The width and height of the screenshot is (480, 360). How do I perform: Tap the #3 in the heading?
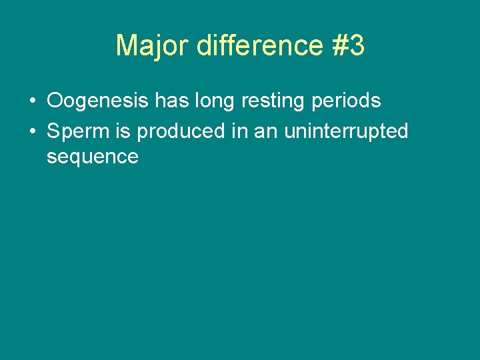346,46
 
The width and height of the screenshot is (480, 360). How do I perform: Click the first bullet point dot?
32,101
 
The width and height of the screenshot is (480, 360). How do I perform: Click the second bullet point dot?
32,132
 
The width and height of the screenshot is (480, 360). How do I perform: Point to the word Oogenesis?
98,101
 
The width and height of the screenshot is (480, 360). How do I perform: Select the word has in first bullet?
171,101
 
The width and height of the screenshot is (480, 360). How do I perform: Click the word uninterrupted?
346,132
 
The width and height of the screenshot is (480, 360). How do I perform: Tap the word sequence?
92,157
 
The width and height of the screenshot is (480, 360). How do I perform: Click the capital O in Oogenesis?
55,101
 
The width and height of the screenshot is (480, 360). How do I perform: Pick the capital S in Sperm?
53,131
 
